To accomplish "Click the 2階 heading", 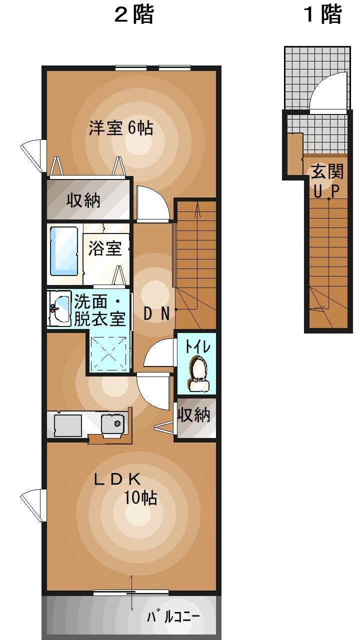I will pos(133,15).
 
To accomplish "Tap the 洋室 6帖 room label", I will pos(120,128).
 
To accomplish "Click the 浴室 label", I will pos(105,248).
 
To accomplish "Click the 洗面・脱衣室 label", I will pos(99,310).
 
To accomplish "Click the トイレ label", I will pos(197,346).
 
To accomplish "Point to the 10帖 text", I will pos(141,498).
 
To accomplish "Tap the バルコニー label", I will pos(173,616).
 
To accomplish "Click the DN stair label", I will pos(156,313).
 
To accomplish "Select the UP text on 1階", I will pos(327,190).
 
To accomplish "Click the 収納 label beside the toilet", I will pos(194,414).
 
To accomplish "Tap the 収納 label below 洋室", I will pos(84,200).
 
